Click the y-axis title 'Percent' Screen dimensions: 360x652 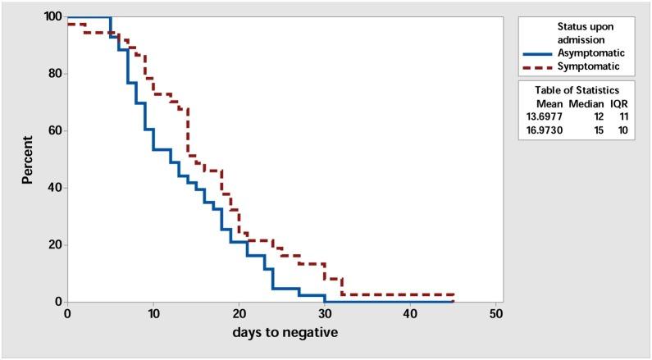tap(27, 158)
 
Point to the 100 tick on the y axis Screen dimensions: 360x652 tap(52, 16)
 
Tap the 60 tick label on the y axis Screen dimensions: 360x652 tap(55, 130)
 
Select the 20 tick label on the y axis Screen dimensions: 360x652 tap(55, 244)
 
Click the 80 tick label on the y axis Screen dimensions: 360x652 tap(55, 74)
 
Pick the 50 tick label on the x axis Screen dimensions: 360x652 tap(496, 314)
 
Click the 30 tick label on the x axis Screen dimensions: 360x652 tap(324, 314)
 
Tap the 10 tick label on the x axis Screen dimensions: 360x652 tap(153, 314)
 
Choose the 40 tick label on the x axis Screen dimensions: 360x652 tap(410, 314)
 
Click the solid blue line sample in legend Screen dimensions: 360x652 tap(539, 55)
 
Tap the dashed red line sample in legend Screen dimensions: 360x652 tap(539, 66)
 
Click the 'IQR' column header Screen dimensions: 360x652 tap(619, 103)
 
